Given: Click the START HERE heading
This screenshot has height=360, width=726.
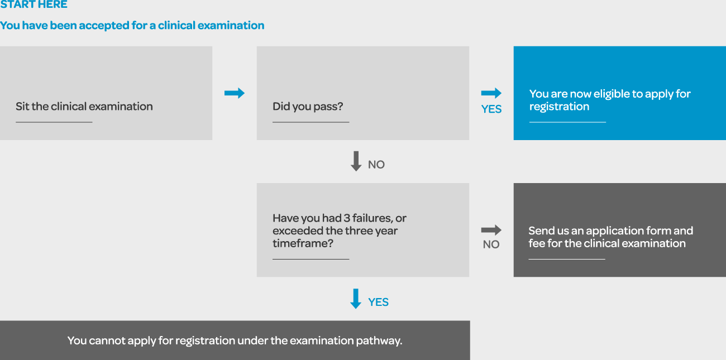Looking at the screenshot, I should (34, 4).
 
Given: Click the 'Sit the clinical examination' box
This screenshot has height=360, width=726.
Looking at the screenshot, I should (106, 93).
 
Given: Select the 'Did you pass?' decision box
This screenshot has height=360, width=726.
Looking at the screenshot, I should (363, 93).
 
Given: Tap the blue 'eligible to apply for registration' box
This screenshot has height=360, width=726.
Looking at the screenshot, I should (620, 93).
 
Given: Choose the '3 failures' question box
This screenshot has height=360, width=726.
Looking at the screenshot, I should (363, 230).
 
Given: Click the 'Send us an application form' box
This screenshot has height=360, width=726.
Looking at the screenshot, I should (620, 230).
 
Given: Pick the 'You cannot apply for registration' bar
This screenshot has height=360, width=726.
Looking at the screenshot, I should (235, 340).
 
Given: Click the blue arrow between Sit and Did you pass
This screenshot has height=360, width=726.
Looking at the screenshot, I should (235, 93).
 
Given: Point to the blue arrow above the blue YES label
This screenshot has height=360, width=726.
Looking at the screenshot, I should (491, 93).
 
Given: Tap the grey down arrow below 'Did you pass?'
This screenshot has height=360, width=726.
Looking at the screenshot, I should (356, 161).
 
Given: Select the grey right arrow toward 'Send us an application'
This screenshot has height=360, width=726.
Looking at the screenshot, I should (491, 230).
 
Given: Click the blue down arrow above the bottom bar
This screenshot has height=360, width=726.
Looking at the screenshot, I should (356, 299).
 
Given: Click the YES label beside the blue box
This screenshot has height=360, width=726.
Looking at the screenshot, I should (491, 109).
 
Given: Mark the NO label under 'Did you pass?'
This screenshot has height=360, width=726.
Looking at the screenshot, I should (376, 165).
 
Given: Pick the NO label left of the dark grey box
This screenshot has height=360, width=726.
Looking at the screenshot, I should (491, 244).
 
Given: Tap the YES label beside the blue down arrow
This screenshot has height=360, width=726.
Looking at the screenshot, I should (378, 302).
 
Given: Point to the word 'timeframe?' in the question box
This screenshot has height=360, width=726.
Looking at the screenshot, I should (301, 243).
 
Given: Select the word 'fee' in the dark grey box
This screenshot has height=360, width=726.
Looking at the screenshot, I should (538, 243).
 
